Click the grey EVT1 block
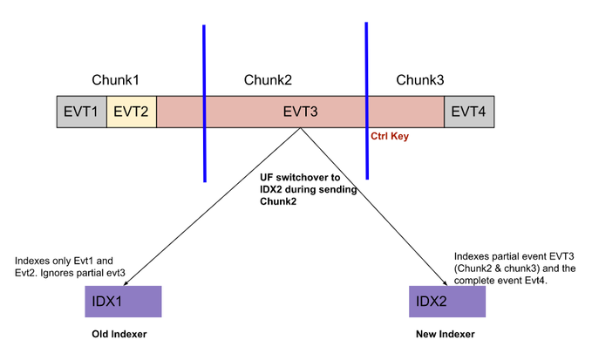(81, 112)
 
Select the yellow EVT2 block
(132, 112)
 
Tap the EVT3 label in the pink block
(301, 112)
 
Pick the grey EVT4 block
(468, 112)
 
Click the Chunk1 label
(116, 80)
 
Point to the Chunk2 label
(269, 80)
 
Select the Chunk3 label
(420, 80)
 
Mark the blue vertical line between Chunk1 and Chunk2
(204, 103)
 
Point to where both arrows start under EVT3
(301, 129)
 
